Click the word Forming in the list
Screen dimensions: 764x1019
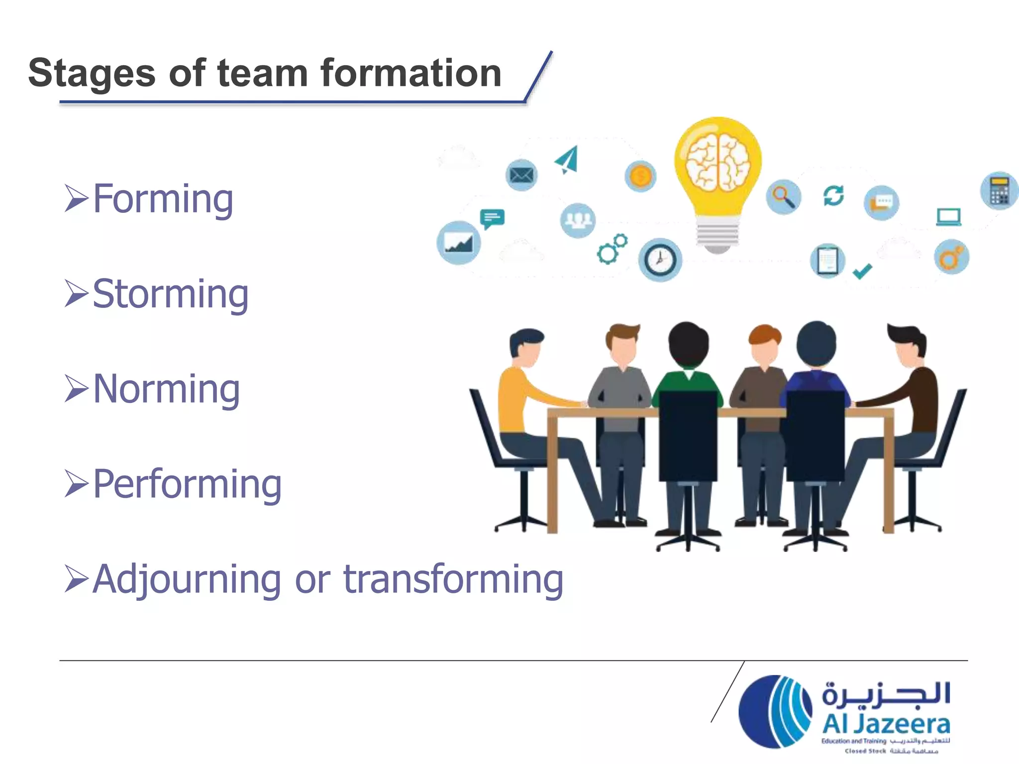pyautogui.click(x=163, y=199)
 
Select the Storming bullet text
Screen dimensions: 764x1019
pyautogui.click(x=170, y=294)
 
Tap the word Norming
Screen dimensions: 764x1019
pyautogui.click(x=166, y=389)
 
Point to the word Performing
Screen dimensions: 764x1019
pyautogui.click(x=187, y=484)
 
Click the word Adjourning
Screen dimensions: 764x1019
pyautogui.click(x=187, y=579)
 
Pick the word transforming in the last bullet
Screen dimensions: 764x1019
pyautogui.click(x=453, y=579)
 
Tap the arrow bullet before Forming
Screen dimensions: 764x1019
pyautogui.click(x=76, y=198)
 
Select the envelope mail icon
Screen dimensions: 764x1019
pyautogui.click(x=521, y=175)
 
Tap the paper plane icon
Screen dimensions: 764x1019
pyautogui.click(x=568, y=160)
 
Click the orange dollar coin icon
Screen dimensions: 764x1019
pyautogui.click(x=640, y=176)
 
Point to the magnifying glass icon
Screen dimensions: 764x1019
pyautogui.click(x=783, y=196)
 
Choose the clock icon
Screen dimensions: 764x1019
pyautogui.click(x=660, y=260)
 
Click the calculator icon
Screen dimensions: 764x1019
pyautogui.click(x=999, y=191)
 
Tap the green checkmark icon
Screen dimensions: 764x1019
pyautogui.click(x=862, y=272)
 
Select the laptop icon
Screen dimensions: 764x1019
pyautogui.click(x=948, y=217)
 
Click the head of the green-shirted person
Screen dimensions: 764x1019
pyautogui.click(x=688, y=344)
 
